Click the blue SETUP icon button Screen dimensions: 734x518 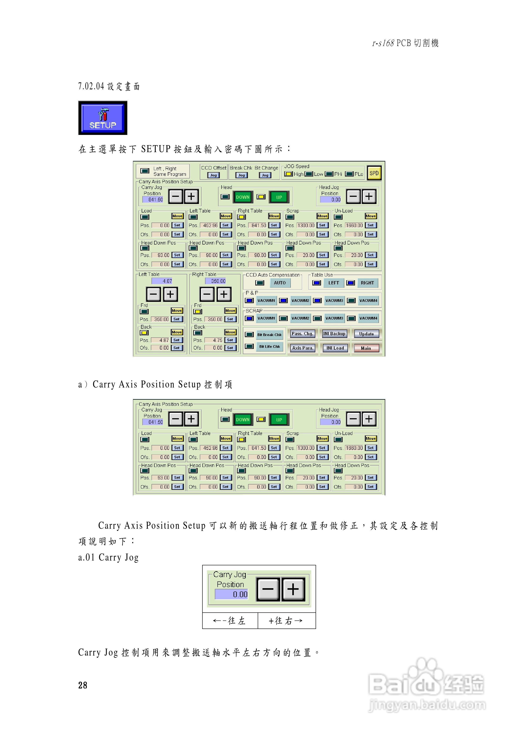pyautogui.click(x=103, y=118)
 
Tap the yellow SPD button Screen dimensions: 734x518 pyautogui.click(x=374, y=173)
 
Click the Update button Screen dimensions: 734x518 pyautogui.click(x=366, y=334)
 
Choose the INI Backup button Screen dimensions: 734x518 pyautogui.click(x=334, y=334)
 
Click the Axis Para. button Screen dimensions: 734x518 pyautogui.click(x=303, y=348)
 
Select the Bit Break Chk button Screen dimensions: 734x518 pyautogui.click(x=269, y=335)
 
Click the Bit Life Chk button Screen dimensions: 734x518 pyautogui.click(x=269, y=347)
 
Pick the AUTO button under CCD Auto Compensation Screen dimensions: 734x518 pyautogui.click(x=279, y=283)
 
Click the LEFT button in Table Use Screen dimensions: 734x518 pyautogui.click(x=333, y=283)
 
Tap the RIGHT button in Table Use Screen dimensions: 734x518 pyautogui.click(x=367, y=283)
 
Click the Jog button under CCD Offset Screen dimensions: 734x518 pyautogui.click(x=213, y=175)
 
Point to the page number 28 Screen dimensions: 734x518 pyautogui.click(x=83, y=685)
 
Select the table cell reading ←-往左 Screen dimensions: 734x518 pyautogui.click(x=230, y=621)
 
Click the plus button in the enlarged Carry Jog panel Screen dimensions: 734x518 pyautogui.click(x=293, y=589)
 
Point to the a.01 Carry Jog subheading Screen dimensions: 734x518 pyautogui.click(x=108, y=557)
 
